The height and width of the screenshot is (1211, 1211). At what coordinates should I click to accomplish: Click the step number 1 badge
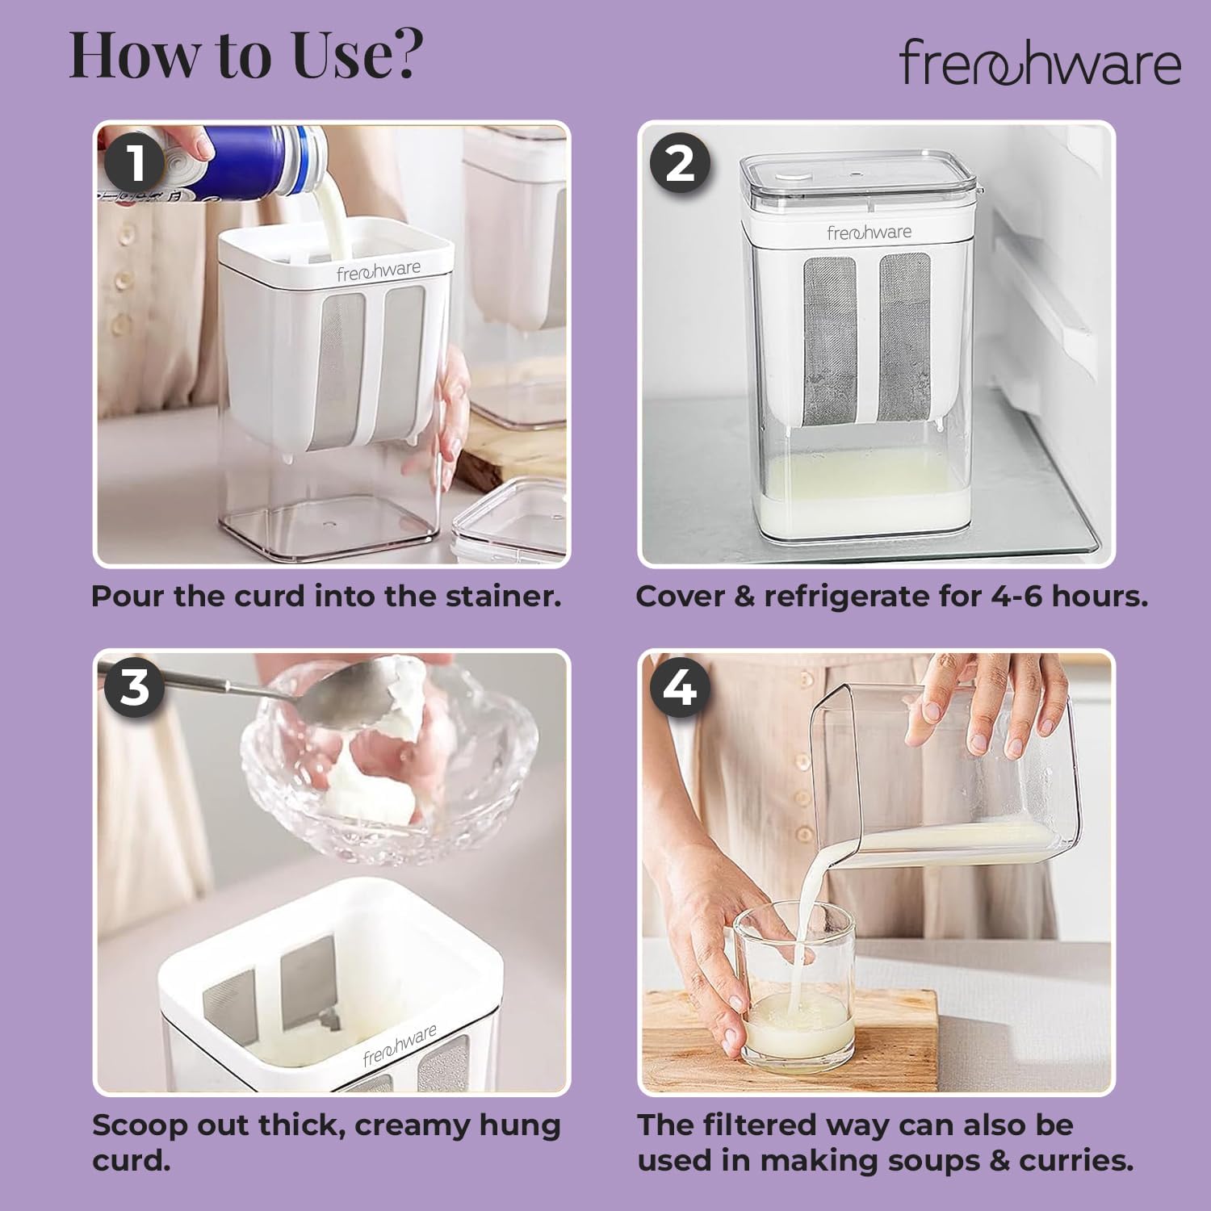point(135,162)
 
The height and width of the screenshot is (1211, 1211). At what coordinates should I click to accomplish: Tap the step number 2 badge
point(680,163)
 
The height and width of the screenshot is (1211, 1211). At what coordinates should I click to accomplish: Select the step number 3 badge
point(134,687)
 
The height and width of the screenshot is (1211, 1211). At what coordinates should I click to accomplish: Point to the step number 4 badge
point(680,687)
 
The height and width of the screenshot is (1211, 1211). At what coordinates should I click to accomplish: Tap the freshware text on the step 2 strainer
point(869,233)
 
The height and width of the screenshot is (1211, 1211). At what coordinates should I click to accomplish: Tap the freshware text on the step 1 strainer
point(379,271)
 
